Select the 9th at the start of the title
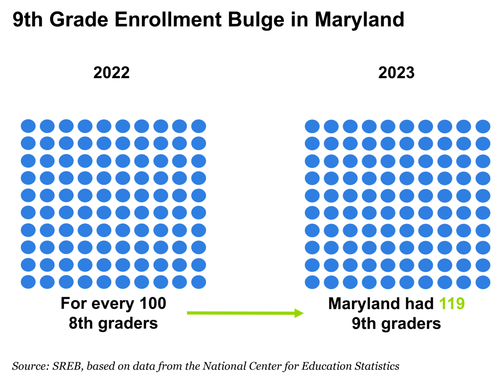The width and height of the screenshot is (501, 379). (28, 20)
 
